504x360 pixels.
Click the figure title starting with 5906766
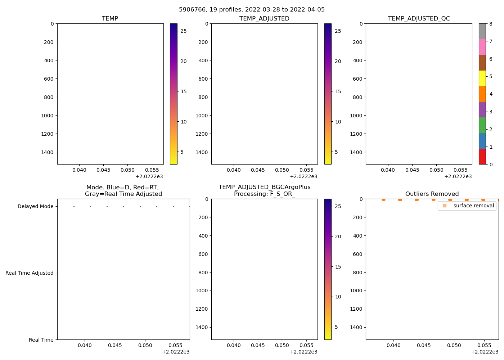click(x=252, y=10)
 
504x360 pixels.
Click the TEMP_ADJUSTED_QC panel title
click(x=419, y=19)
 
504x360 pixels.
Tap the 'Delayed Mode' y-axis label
click(x=35, y=207)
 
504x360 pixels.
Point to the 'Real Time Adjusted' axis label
click(x=30, y=273)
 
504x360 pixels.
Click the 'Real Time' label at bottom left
click(x=41, y=340)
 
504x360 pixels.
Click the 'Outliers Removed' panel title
click(x=432, y=194)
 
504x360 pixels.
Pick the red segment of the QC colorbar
click(x=482, y=157)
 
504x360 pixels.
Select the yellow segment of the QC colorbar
click(x=482, y=78)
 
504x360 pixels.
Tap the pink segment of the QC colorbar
click(x=482, y=47)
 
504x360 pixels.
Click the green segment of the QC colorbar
click(x=482, y=125)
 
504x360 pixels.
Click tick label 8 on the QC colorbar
click(x=491, y=24)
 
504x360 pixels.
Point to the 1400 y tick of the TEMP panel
click(x=47, y=152)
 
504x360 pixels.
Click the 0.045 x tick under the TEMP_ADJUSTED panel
click(x=258, y=170)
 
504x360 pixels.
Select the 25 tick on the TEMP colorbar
click(x=184, y=31)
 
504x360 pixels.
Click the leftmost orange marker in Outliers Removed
click(x=383, y=199)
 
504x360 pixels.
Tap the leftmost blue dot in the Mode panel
click(x=74, y=207)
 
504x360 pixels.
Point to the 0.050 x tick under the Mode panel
click(x=146, y=345)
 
